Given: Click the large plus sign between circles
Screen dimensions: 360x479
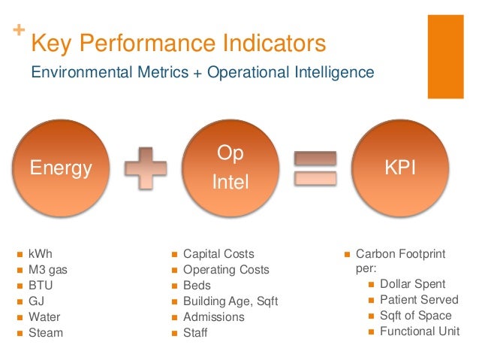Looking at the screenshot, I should [146, 166].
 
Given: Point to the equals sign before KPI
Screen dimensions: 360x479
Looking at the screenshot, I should [315, 167].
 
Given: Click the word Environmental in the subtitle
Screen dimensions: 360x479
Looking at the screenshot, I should [74, 73].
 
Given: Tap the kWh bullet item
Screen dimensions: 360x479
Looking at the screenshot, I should [41, 254].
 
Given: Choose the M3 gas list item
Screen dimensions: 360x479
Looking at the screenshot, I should [48, 270].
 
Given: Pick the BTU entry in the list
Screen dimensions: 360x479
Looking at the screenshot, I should [41, 286].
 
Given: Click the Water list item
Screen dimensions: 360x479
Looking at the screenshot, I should [44, 317].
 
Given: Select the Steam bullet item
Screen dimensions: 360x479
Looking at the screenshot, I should [46, 333].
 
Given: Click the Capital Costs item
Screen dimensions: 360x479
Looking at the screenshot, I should [218, 254].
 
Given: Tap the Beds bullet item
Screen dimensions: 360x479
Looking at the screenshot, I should [197, 286].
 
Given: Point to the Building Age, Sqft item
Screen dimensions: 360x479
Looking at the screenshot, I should [230, 301].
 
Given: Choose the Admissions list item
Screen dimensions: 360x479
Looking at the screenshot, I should [213, 317].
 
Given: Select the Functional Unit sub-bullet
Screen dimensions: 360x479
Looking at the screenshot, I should [420, 331].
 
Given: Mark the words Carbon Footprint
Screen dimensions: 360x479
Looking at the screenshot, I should [400, 254].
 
